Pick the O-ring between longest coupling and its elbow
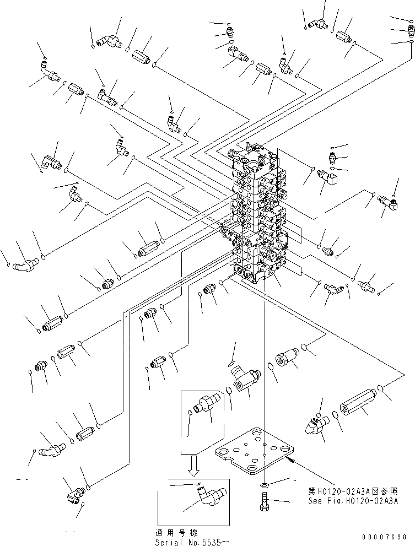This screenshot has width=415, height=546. [x=336, y=415]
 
